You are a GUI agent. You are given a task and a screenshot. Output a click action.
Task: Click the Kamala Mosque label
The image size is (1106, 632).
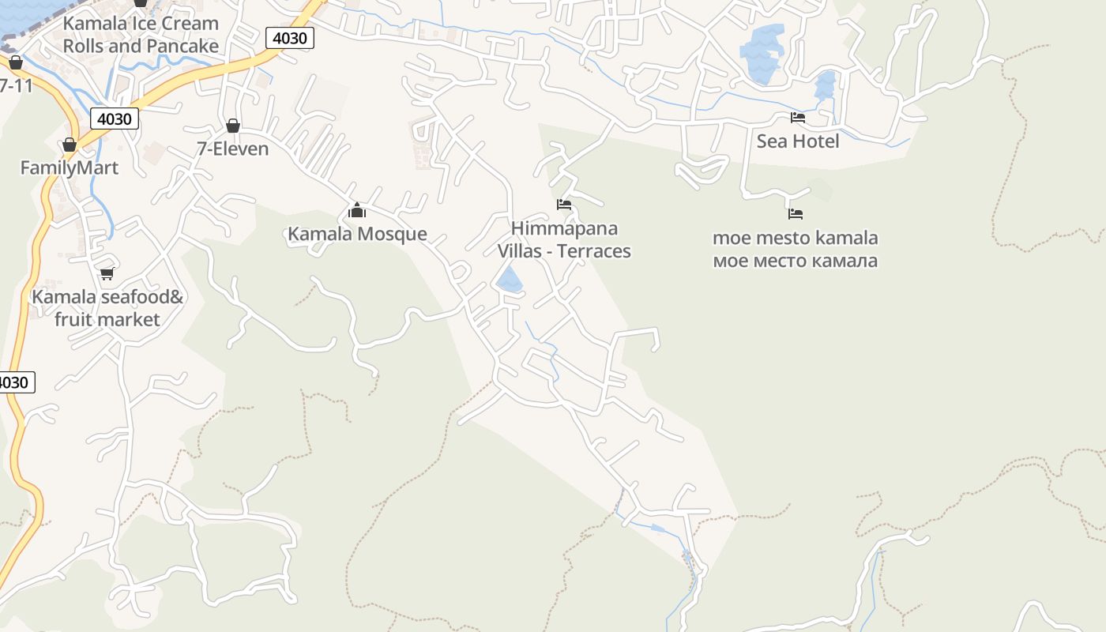(357, 234)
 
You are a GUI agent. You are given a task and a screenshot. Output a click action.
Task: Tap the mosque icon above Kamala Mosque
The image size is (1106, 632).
(357, 210)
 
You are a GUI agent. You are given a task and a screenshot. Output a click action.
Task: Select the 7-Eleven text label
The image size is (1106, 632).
(233, 149)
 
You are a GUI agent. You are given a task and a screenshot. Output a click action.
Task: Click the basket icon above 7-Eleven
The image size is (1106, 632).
(233, 126)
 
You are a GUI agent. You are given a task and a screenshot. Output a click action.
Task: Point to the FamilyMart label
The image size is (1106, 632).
(69, 167)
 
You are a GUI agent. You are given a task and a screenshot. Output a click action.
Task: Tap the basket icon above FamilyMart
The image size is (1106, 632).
(70, 145)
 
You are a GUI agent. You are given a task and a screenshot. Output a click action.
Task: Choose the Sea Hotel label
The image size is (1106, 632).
(798, 141)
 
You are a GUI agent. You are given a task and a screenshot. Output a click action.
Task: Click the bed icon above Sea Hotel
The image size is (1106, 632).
(798, 118)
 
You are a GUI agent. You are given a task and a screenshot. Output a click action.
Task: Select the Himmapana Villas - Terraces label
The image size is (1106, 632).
(564, 239)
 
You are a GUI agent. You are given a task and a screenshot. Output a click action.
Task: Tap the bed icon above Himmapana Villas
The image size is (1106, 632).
(564, 205)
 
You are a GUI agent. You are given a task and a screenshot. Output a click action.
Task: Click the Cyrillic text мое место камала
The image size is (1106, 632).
(796, 261)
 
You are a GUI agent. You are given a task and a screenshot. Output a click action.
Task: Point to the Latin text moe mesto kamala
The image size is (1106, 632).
(796, 238)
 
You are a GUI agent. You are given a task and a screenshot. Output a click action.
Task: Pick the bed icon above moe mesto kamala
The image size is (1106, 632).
(796, 214)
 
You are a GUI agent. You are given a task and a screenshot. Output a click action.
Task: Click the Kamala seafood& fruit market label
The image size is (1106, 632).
(107, 308)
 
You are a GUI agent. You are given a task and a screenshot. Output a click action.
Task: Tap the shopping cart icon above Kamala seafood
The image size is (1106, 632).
(107, 273)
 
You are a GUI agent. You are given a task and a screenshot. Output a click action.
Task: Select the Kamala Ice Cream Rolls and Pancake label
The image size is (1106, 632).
(141, 35)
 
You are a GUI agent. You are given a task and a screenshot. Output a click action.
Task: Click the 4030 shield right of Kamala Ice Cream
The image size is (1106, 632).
(290, 37)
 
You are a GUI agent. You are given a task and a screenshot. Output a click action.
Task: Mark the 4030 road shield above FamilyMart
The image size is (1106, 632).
(115, 118)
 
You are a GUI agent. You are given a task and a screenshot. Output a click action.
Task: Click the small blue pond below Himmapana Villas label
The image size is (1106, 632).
(510, 280)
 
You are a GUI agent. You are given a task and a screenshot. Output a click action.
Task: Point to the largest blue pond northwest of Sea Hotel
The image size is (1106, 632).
(762, 51)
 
